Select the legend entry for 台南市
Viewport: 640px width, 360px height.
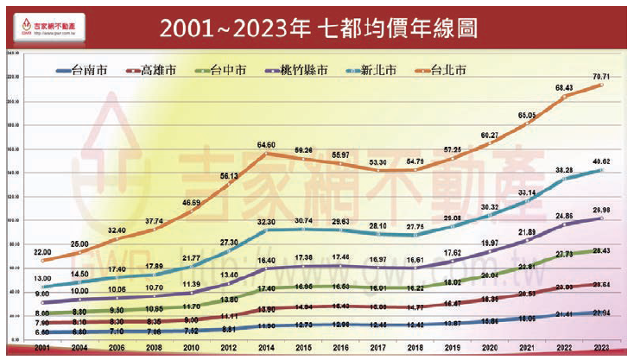click(x=86, y=69)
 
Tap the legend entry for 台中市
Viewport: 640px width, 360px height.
click(x=227, y=69)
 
